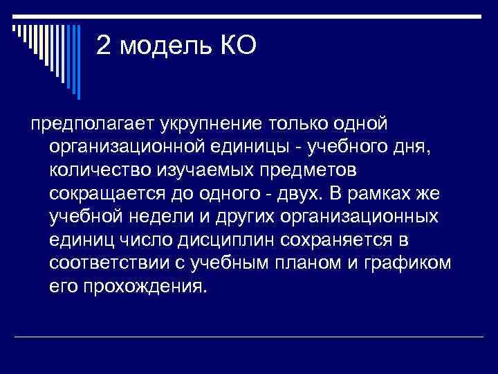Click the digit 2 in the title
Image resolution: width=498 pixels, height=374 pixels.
tap(104, 46)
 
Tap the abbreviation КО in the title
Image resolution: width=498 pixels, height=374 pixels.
tap(239, 46)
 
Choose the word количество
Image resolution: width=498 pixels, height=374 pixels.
tap(105, 171)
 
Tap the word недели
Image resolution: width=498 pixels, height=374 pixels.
tap(165, 217)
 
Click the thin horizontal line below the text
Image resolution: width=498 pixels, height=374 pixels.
tap(249, 337)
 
